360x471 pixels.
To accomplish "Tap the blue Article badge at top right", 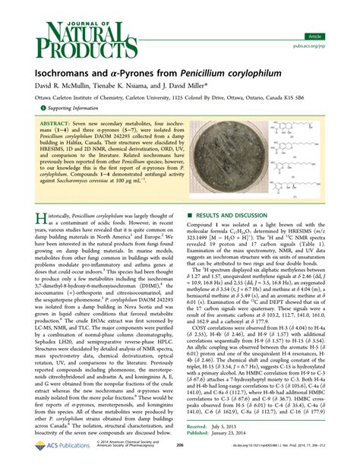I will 333,14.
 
